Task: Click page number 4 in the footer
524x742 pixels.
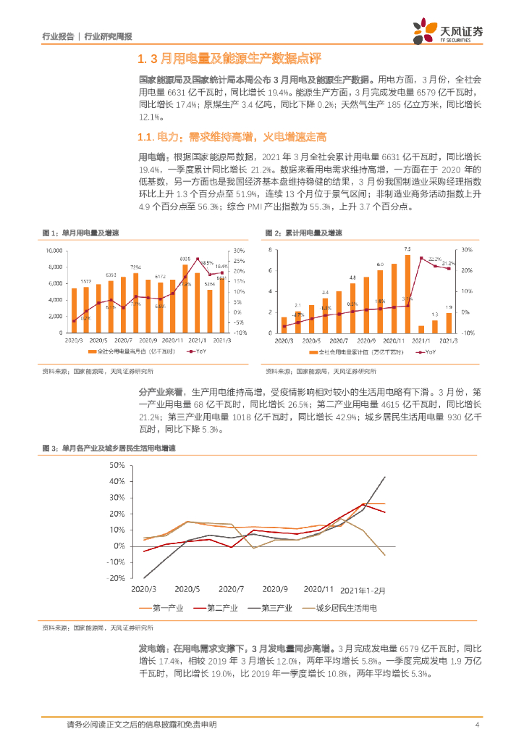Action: [x=477, y=725]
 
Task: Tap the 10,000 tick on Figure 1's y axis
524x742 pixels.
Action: [x=54, y=250]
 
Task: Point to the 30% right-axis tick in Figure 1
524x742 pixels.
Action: [x=239, y=250]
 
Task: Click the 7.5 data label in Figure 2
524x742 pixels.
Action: [x=407, y=249]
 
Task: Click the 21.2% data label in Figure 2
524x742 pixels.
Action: [x=448, y=263]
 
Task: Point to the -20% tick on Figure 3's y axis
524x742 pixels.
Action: [x=135, y=579]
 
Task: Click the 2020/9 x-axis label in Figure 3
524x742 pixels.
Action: [x=275, y=590]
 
